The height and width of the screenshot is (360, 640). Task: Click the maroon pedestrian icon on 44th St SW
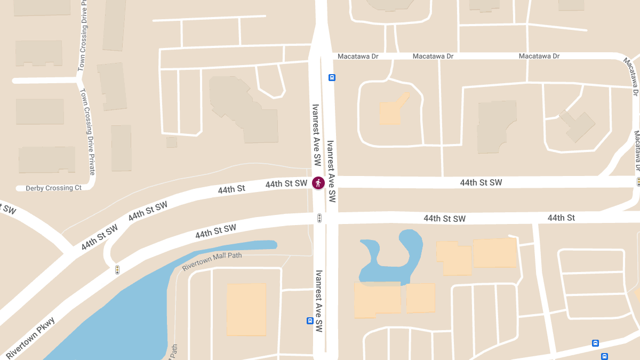(x=318, y=183)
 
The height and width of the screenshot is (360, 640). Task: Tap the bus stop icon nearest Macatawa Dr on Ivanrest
(x=332, y=77)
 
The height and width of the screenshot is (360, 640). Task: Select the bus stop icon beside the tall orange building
(x=310, y=321)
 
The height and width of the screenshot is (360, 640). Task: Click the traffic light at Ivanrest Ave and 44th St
(x=319, y=218)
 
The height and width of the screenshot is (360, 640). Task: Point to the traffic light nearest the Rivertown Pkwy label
(x=117, y=270)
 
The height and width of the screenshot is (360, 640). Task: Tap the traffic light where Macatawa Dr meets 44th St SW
(x=638, y=182)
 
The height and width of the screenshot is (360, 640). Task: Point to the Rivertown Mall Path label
(x=212, y=261)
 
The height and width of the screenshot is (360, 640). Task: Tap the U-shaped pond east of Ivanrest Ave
(x=392, y=256)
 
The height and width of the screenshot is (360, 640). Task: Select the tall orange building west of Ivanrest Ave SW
(x=246, y=309)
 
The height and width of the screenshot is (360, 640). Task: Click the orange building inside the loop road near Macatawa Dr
(x=391, y=112)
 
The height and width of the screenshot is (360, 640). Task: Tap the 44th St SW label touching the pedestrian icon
(x=286, y=184)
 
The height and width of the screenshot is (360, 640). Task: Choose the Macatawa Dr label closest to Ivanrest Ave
(x=358, y=56)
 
